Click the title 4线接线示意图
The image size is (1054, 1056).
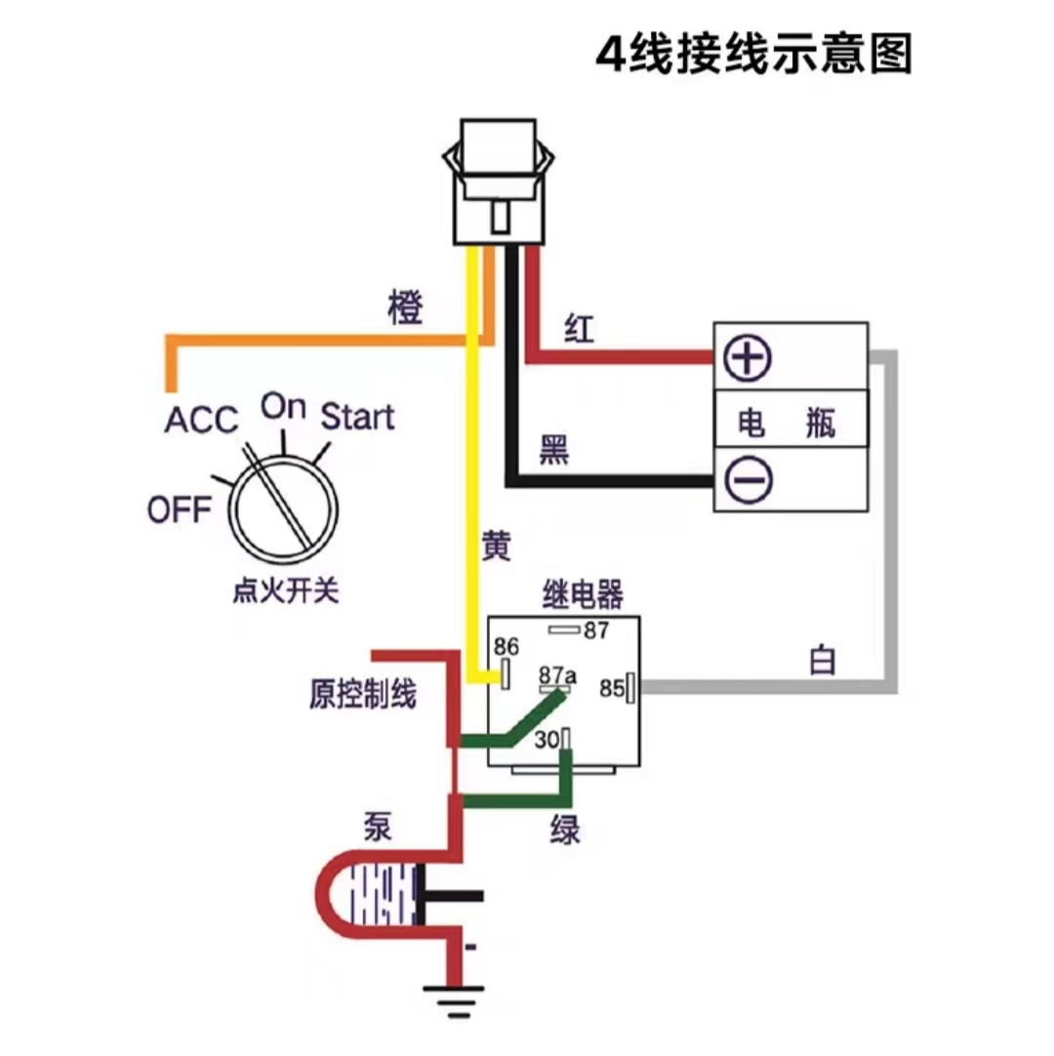click(753, 55)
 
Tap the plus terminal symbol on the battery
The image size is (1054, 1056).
click(747, 358)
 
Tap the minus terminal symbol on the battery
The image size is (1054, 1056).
click(747, 479)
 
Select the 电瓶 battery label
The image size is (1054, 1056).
click(789, 422)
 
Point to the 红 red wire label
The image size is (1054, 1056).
click(578, 330)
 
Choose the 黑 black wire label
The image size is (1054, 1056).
click(554, 451)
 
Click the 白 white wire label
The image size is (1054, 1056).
click(823, 661)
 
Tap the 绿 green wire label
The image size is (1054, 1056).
click(564, 832)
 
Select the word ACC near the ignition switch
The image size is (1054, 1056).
click(201, 420)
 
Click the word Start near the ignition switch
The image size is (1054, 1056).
click(357, 417)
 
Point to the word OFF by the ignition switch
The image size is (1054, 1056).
click(179, 508)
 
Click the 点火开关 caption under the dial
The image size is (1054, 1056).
click(285, 591)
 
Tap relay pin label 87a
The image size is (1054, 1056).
click(557, 674)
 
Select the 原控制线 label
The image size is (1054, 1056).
click(362, 695)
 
